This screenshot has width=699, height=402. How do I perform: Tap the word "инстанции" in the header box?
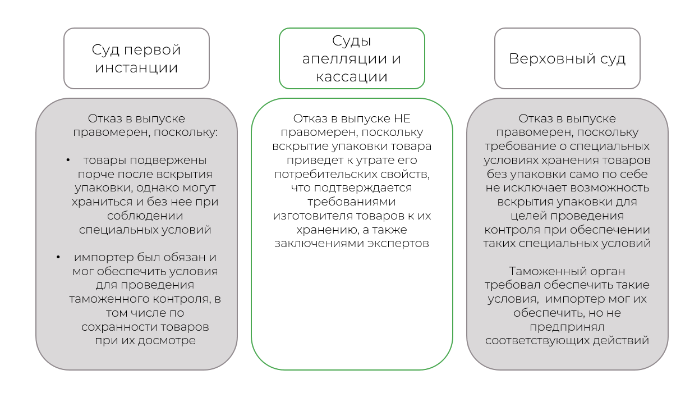tap(136, 68)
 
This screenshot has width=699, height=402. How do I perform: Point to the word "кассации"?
tap(352, 77)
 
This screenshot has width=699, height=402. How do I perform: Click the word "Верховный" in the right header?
tap(552, 59)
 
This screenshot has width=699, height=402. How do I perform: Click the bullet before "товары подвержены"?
tap(68, 161)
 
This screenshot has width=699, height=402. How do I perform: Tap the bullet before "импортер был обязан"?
tap(58, 258)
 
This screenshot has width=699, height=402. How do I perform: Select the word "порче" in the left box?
tap(91, 175)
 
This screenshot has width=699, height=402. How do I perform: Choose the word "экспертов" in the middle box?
tap(398, 244)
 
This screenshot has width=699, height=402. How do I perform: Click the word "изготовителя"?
tap(313, 216)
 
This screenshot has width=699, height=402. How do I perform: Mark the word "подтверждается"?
tap(363, 188)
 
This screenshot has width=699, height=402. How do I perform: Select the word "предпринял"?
tap(567, 327)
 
